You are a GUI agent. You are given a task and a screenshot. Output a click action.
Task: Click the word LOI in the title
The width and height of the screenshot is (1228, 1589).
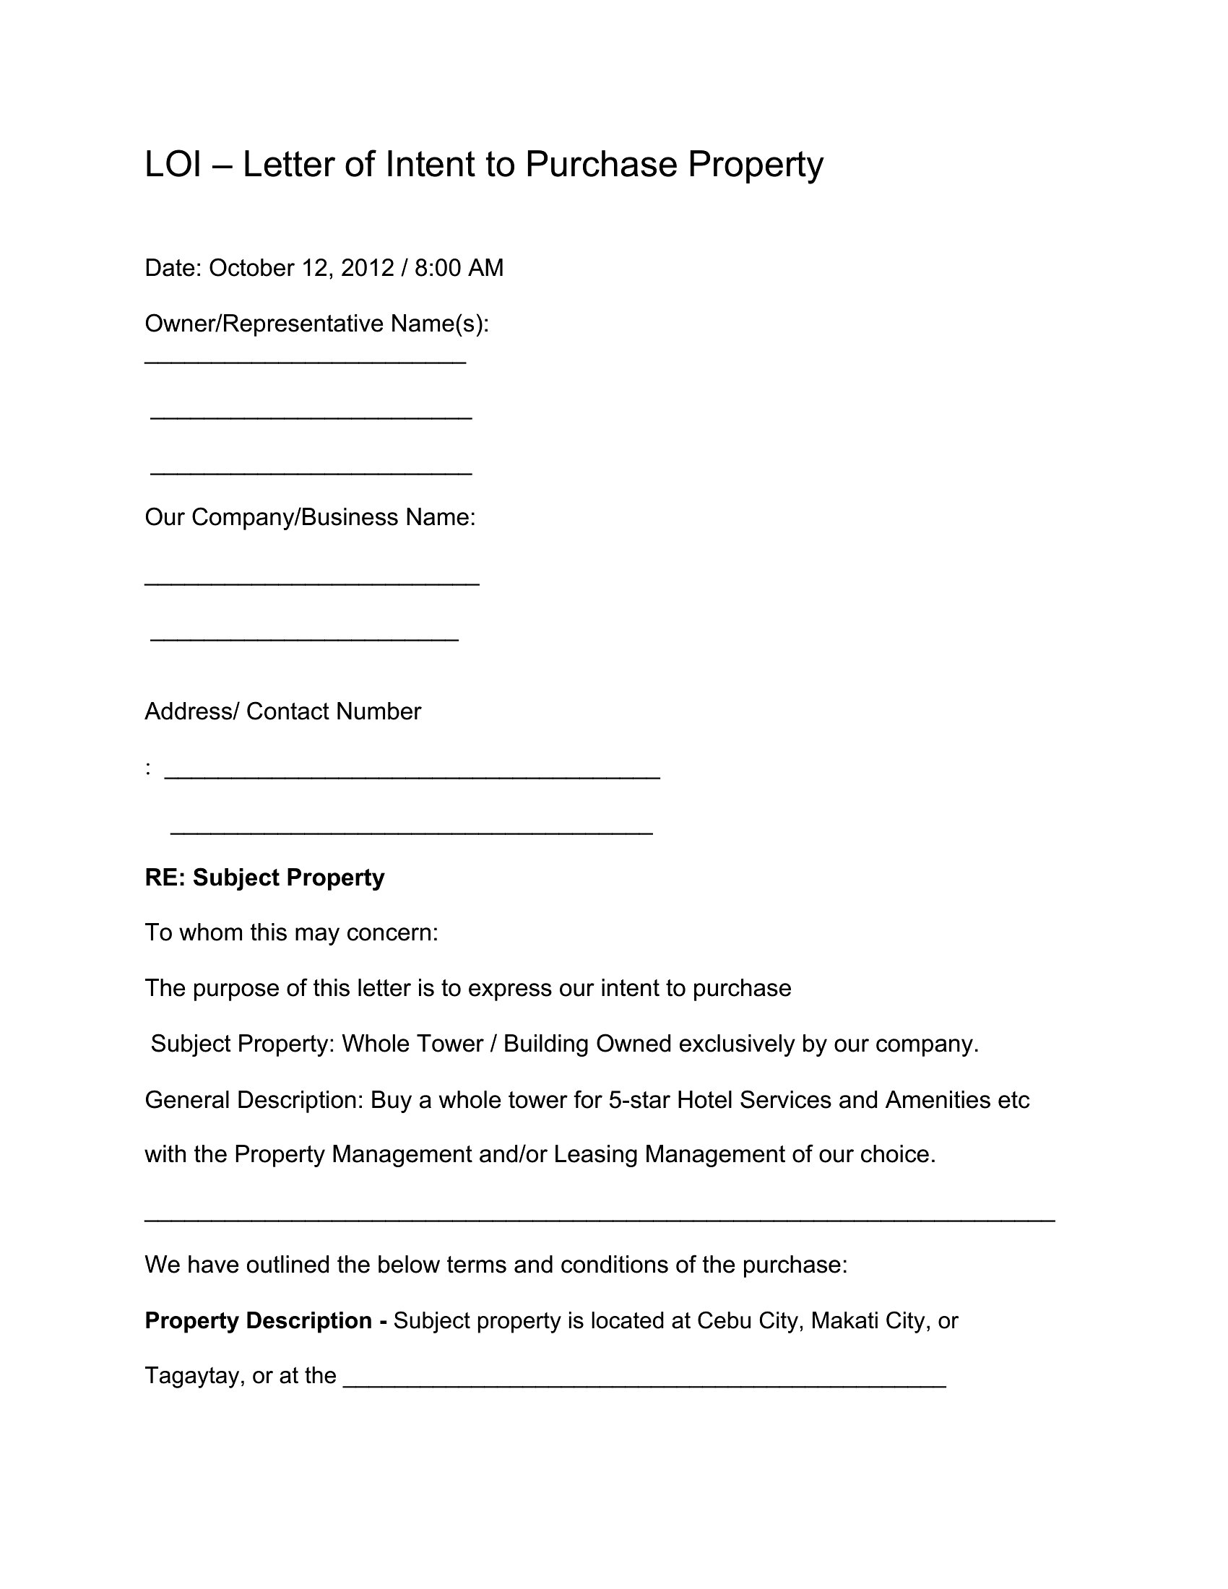tap(173, 165)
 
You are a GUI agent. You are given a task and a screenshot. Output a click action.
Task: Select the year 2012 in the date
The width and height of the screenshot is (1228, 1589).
tap(368, 269)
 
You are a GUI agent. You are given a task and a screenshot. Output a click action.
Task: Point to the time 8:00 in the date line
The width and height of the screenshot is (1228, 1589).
tap(437, 269)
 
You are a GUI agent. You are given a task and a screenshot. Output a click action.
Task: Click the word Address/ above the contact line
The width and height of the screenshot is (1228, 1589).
tap(191, 711)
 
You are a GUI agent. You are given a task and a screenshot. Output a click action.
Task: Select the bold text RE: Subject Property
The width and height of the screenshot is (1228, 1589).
tap(265, 878)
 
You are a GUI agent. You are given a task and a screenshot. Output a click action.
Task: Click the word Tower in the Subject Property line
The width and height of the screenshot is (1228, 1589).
tap(449, 1044)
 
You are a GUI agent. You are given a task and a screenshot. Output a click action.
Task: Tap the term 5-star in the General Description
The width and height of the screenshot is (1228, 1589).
tap(639, 1100)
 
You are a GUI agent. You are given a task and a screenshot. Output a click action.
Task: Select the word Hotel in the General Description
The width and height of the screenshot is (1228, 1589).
tap(704, 1100)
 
